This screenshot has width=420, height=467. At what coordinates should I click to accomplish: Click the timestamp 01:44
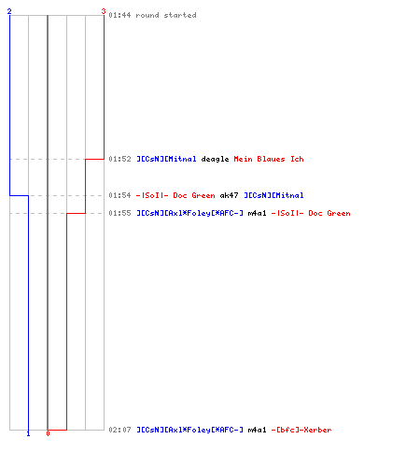119,15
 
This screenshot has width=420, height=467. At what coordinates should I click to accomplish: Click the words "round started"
166,15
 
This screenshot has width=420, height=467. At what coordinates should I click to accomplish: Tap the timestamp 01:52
119,159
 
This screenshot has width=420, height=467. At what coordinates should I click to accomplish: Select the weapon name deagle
215,160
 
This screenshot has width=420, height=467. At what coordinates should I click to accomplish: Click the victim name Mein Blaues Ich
269,159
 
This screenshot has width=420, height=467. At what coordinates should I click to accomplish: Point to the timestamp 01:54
119,195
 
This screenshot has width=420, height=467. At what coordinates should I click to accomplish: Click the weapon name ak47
229,195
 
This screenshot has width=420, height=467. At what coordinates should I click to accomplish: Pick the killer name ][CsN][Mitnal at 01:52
166,159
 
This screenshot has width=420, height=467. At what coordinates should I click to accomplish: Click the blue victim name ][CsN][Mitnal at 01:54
273,195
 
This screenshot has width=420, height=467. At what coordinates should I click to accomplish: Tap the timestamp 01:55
119,213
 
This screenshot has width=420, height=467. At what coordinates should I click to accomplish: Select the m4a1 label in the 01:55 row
257,213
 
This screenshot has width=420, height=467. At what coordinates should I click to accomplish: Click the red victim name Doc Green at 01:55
329,213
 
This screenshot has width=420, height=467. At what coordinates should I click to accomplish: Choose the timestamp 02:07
119,430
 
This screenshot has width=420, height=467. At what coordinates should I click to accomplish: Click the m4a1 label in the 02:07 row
257,430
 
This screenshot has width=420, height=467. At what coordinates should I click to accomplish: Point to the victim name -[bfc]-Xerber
301,430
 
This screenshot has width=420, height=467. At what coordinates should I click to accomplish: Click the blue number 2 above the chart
9,11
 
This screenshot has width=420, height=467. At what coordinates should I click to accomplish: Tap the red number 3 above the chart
104,11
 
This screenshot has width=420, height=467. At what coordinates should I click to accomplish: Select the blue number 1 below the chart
28,433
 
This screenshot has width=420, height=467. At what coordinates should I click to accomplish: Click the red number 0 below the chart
48,433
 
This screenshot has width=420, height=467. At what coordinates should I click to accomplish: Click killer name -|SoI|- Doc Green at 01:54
175,195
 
